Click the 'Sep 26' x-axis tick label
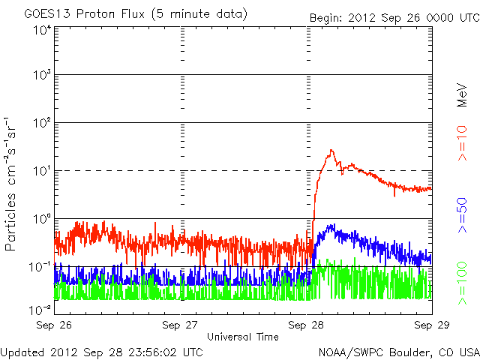[x=55, y=325]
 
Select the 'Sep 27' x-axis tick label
[x=181, y=325]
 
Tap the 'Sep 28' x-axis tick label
[x=307, y=325]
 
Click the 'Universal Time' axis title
[x=243, y=337]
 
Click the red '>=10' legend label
[x=463, y=147]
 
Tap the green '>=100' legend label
[x=463, y=284]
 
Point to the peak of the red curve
[x=331, y=150]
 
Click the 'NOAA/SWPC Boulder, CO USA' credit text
[x=397, y=351]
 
